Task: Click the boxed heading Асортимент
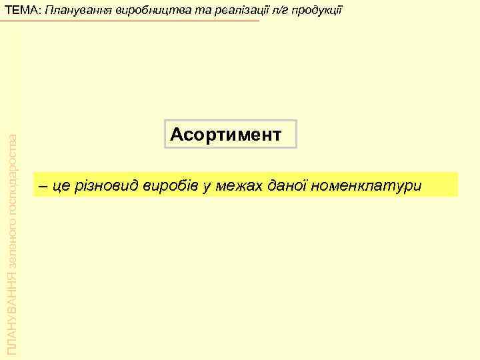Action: [226, 135]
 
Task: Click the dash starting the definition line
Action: [43, 186]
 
